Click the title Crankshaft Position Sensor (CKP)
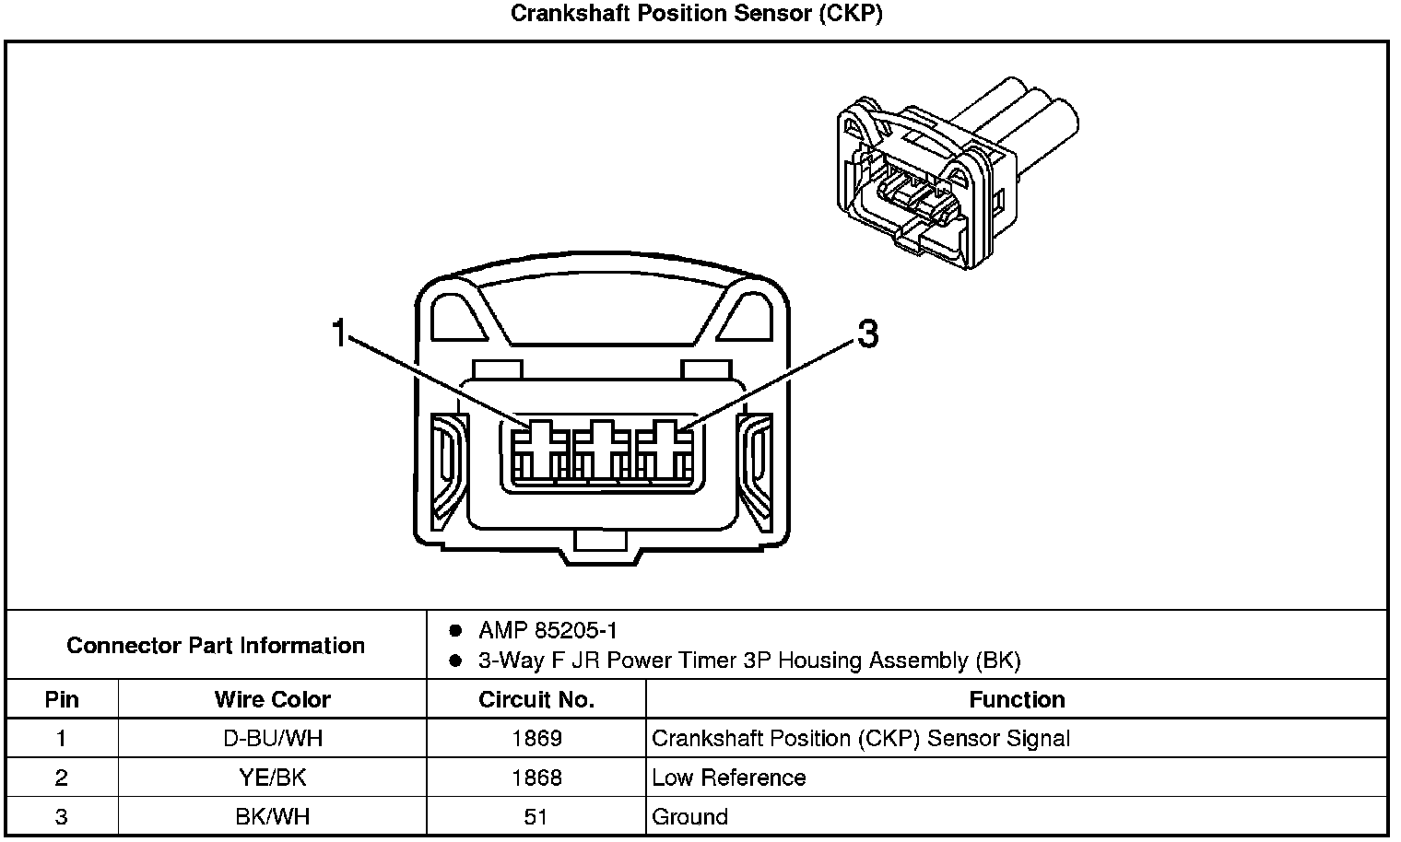coord(697,14)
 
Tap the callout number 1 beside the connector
coord(339,333)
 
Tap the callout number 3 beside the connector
coord(866,334)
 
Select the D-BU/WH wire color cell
coord(272,738)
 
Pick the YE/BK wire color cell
coord(272,778)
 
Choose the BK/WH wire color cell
coord(272,817)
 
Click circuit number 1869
coord(536,738)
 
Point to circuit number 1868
coord(536,778)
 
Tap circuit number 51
coord(536,817)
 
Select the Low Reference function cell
coord(728,778)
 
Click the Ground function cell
coord(689,817)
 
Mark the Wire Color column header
coord(272,699)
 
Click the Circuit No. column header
coord(536,699)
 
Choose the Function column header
coord(1017,699)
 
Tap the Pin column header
coord(62,699)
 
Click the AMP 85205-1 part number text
coord(547,631)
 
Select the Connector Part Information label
coord(216,645)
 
